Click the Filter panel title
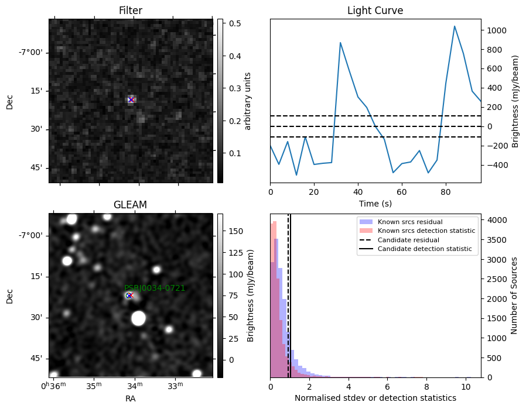click(131, 11)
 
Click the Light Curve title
click(375, 11)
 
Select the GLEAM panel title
click(130, 205)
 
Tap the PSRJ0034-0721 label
click(155, 288)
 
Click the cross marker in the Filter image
click(131, 99)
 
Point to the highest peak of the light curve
click(455, 26)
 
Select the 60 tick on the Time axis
click(402, 192)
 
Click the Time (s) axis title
click(375, 203)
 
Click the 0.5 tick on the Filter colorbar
click(235, 23)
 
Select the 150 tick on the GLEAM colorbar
click(236, 231)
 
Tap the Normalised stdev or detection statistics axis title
click(375, 398)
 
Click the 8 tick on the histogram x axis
click(426, 387)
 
